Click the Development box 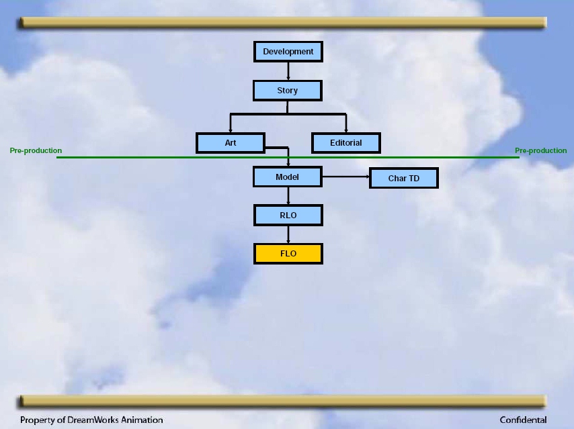click(288, 52)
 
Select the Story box click(288, 91)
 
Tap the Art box click(231, 143)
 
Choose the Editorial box click(346, 143)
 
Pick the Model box click(288, 177)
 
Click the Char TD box click(404, 178)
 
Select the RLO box click(288, 216)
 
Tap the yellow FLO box click(288, 254)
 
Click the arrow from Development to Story click(288, 71)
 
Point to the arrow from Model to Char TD click(346, 177)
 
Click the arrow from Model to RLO click(288, 196)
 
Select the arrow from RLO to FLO click(288, 235)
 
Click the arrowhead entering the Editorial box click(346, 130)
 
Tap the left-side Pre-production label click(36, 150)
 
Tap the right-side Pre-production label click(540, 150)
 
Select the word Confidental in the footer click(523, 420)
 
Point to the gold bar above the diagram click(282, 22)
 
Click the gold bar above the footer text click(282, 401)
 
